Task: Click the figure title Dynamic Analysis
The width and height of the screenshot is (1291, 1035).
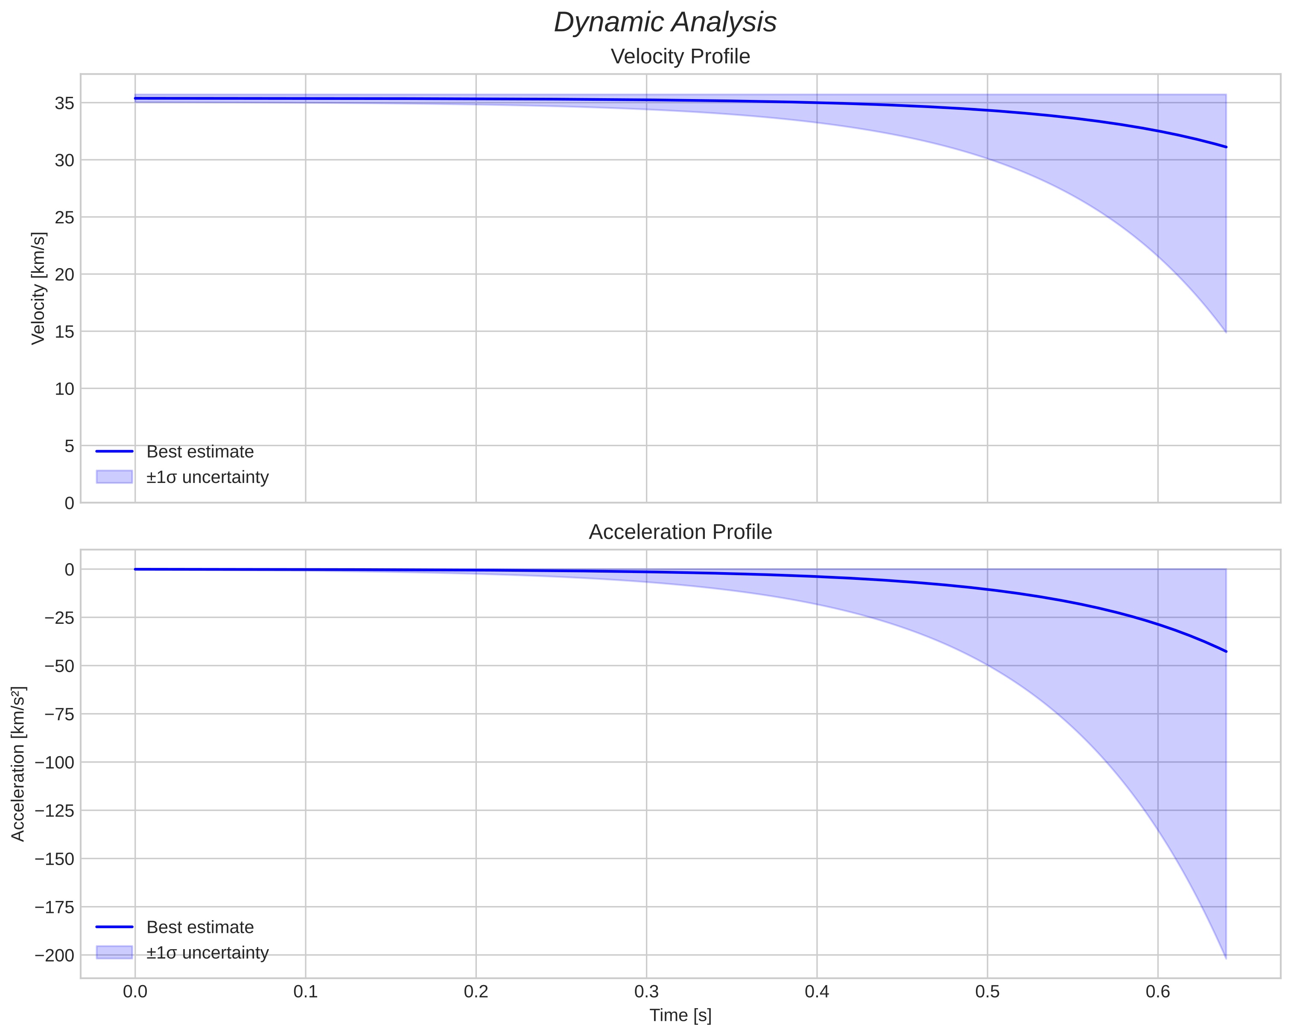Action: click(665, 23)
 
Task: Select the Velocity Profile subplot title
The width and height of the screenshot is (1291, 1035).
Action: click(680, 57)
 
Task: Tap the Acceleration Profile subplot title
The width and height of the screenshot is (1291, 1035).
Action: click(680, 532)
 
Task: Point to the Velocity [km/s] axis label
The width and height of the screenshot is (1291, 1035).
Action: click(38, 288)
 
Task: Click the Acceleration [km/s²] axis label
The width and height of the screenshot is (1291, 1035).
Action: click(18, 764)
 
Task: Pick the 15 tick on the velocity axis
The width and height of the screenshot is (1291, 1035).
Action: click(64, 332)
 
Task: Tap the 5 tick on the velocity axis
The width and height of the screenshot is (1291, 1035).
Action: click(70, 446)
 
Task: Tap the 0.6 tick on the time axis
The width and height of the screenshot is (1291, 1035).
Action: click(1157, 992)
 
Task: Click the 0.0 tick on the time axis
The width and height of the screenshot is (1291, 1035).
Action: click(135, 992)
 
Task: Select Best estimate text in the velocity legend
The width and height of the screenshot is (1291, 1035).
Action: click(200, 452)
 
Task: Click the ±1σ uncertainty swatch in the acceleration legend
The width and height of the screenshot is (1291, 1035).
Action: click(114, 952)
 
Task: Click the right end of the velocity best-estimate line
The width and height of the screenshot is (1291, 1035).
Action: click(1226, 147)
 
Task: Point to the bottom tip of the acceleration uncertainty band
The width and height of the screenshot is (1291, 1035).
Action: click(1226, 958)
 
